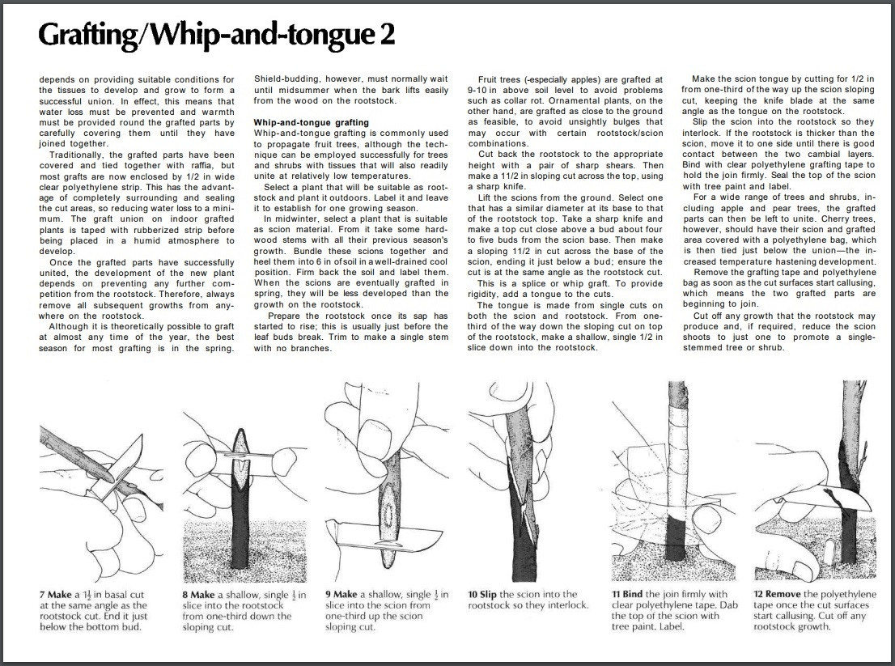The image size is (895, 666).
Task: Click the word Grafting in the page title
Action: click(88, 36)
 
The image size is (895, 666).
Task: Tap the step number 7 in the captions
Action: click(41, 595)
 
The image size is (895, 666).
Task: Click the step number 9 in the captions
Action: click(329, 595)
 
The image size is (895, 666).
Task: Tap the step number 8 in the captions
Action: click(185, 595)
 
